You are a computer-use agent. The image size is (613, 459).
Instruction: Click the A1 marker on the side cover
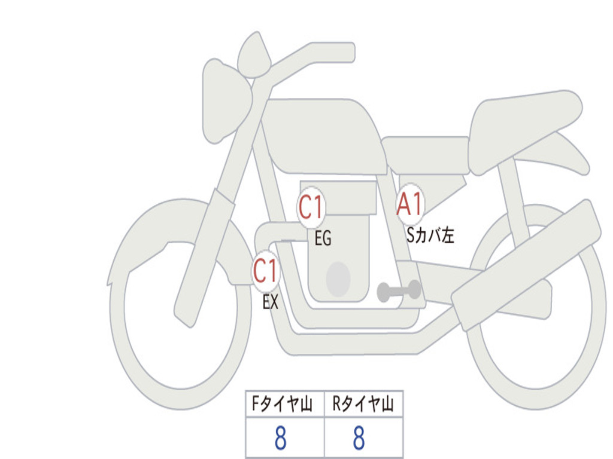coord(410,205)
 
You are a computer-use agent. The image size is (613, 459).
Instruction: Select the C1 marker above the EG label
coord(311,208)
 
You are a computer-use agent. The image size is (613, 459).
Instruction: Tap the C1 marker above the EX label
coord(265,271)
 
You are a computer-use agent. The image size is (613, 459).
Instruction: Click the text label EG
coord(323,240)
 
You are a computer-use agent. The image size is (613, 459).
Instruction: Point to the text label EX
coord(271,302)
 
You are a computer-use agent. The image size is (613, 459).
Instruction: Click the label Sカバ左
coord(430,235)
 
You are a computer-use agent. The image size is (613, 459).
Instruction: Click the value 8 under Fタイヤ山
coord(280,439)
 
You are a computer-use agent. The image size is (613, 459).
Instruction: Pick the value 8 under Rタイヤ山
coord(359,439)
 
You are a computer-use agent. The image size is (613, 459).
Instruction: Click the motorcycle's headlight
coord(224,100)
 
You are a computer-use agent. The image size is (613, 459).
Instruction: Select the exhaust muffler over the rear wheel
coord(527,263)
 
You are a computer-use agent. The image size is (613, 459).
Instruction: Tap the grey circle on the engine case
coord(338,279)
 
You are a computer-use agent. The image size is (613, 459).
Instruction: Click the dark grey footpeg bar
coord(399,292)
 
